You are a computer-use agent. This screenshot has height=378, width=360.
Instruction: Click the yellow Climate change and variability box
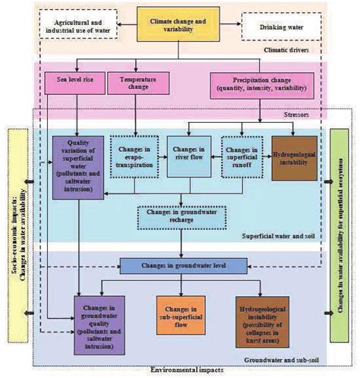179,24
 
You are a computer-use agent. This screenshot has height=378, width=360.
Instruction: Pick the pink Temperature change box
134,83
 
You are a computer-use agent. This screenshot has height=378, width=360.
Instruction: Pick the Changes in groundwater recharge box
180,217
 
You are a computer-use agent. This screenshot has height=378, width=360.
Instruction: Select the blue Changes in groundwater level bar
181,266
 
